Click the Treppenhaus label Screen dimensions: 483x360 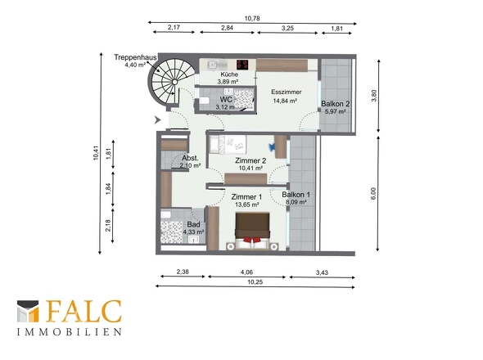(135, 57)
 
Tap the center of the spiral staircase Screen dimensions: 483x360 (174, 82)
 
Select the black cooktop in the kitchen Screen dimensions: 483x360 (242, 65)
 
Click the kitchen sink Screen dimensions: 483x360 (213, 65)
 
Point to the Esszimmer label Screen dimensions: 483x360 (287, 92)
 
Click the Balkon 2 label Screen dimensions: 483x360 (335, 104)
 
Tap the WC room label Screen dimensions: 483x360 (226, 100)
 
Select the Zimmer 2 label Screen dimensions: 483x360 (251, 160)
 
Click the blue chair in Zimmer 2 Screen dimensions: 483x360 (271, 147)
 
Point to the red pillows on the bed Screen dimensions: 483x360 (253, 239)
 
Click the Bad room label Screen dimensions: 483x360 (193, 224)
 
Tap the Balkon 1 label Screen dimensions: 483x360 (296, 195)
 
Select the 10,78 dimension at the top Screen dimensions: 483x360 (252, 19)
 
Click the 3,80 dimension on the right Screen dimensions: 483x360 (374, 96)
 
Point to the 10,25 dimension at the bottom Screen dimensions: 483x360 (255, 282)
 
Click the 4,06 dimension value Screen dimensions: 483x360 (246, 272)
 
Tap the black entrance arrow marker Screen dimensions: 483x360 (157, 119)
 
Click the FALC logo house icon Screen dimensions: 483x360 (28, 312)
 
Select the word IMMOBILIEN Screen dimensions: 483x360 (70, 332)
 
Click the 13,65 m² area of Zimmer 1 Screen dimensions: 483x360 (246, 205)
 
